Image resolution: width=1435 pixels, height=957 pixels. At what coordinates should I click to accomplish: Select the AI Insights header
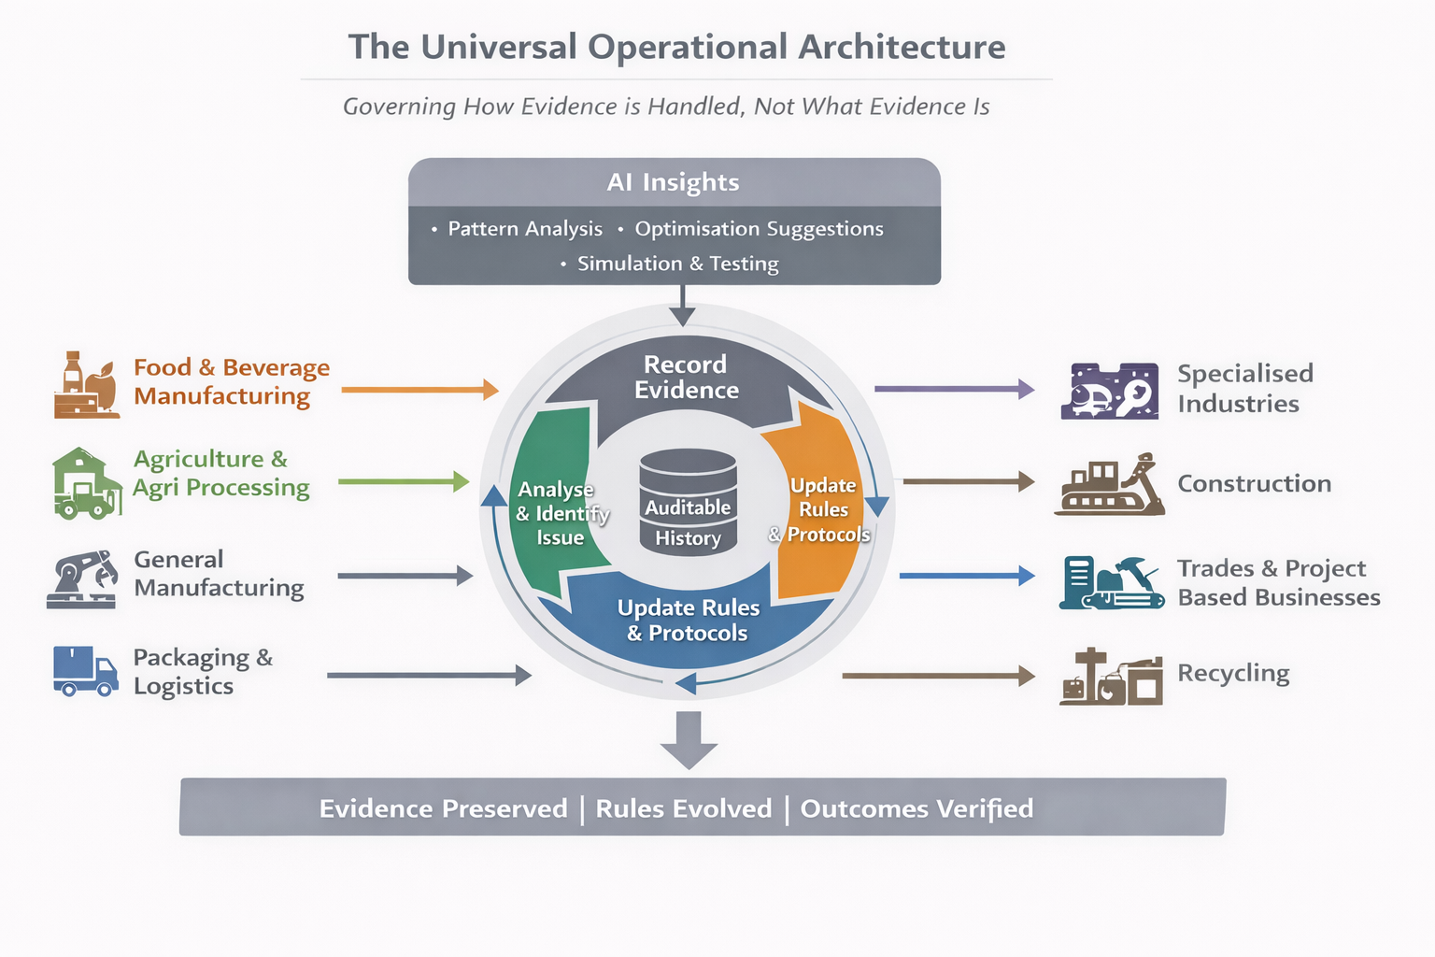pos(674,182)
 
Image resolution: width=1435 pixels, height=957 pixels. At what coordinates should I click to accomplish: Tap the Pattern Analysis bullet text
pos(525,229)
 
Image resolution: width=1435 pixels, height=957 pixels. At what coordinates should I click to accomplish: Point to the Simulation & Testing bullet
pos(677,264)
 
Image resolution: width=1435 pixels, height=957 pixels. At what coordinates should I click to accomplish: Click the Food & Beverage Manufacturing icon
pos(85,385)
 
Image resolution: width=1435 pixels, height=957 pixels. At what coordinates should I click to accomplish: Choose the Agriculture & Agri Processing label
pos(220,474)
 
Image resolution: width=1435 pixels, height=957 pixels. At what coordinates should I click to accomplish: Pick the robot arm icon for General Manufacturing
pos(82,579)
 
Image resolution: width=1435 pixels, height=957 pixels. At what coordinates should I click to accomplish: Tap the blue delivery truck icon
pos(85,672)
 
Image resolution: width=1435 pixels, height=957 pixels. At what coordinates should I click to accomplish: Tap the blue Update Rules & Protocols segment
pos(689,621)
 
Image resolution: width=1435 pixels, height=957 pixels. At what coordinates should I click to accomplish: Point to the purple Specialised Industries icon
pos(1110,391)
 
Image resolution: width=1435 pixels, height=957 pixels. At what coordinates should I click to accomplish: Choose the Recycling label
pos(1233,673)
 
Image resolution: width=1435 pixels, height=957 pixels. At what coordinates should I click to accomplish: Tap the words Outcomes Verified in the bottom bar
pos(916,808)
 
